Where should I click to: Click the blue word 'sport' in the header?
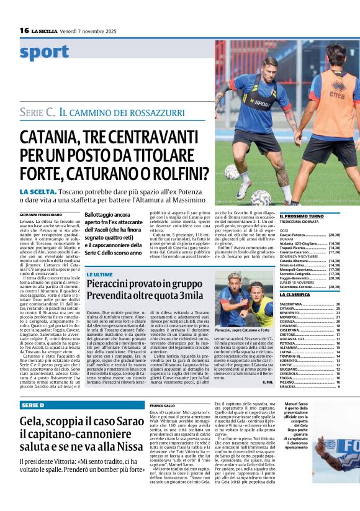click(x=44, y=53)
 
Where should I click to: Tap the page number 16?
click(x=25, y=30)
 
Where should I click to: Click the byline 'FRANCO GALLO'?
click(x=163, y=405)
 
